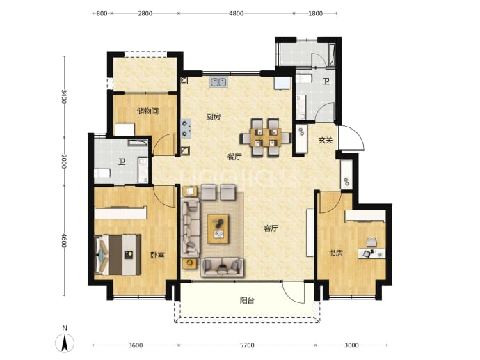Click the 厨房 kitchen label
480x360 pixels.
[x=214, y=117]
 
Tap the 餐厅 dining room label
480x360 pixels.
[x=234, y=157]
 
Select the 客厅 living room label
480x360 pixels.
[x=271, y=228]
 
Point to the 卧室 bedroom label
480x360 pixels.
[x=158, y=255]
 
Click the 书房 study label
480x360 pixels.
[x=335, y=253]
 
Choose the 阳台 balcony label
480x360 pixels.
[x=247, y=300]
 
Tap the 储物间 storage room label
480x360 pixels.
[x=148, y=111]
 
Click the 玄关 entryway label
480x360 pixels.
[x=326, y=141]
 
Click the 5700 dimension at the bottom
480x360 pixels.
[x=247, y=345]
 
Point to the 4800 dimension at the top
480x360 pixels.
[x=237, y=13]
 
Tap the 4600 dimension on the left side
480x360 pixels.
[x=64, y=240]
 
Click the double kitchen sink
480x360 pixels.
[x=218, y=82]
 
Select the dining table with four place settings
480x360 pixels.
[x=265, y=138]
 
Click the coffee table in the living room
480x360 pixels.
[x=218, y=229]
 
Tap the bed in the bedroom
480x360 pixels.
[x=118, y=255]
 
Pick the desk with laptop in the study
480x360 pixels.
[x=371, y=253]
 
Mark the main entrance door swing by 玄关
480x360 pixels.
[x=351, y=138]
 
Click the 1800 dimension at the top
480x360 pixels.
[x=315, y=13]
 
